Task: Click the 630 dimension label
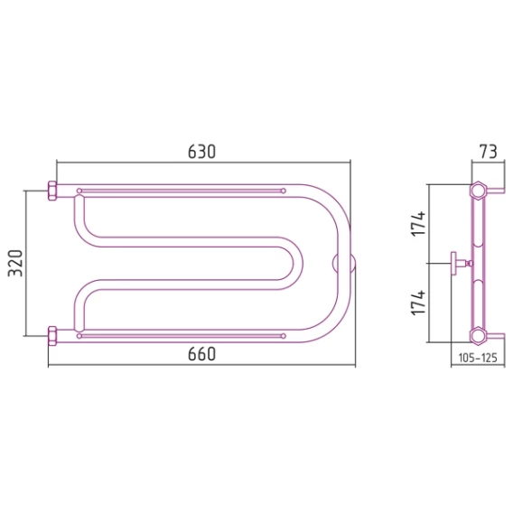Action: click(x=202, y=152)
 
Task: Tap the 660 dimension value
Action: click(x=202, y=354)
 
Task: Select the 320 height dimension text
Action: click(x=15, y=264)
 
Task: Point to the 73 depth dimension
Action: click(x=488, y=152)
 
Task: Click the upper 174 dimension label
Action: click(x=418, y=224)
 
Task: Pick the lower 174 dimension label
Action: click(x=418, y=303)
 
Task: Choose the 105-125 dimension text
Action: click(x=478, y=358)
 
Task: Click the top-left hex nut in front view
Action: click(x=52, y=191)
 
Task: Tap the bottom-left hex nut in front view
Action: click(x=52, y=336)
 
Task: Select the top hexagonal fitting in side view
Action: click(x=478, y=190)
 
